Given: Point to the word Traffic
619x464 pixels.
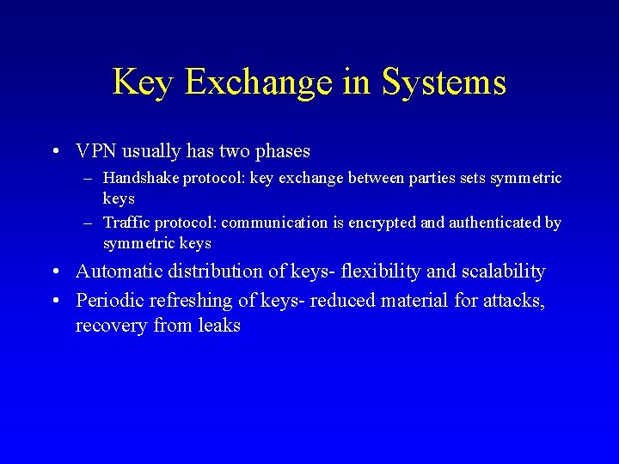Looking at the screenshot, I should pos(126,223).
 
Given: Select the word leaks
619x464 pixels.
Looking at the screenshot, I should pos(219,326).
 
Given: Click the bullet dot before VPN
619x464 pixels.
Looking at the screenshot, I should pos(54,152).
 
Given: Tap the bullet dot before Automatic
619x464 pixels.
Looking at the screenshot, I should pos(54,272).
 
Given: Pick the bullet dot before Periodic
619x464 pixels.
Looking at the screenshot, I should pos(54,301).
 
